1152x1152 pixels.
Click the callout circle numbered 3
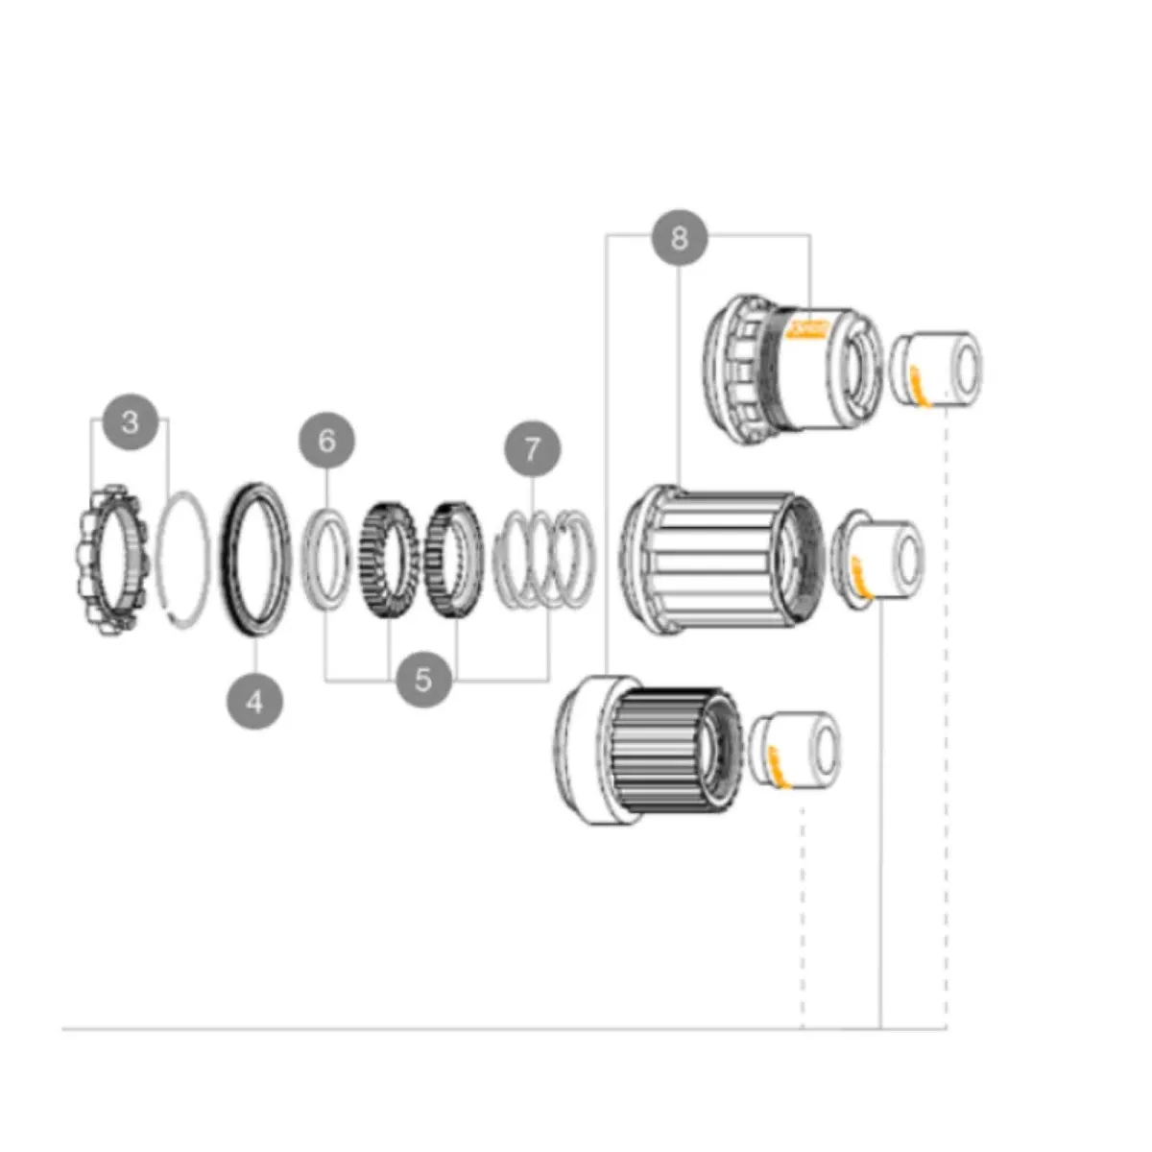point(131,421)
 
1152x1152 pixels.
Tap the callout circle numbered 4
point(254,701)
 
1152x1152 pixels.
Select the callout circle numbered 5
point(423,680)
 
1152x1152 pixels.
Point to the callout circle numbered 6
point(326,441)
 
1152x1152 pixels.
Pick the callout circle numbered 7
point(532,448)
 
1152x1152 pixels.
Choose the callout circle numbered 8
point(680,236)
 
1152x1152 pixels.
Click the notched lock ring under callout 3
point(109,557)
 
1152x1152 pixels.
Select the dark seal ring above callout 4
point(256,557)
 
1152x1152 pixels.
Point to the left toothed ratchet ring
point(388,560)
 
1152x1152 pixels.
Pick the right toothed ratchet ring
point(453,560)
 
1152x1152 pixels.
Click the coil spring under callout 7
point(543,560)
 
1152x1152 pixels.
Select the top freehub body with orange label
point(792,370)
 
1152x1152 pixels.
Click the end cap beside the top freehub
point(936,368)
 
